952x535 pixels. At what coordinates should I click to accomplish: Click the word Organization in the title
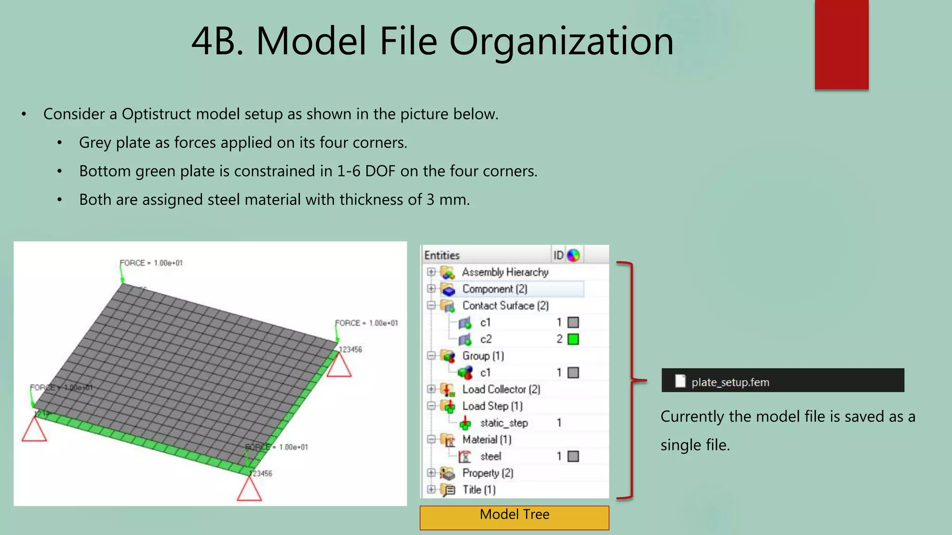(x=561, y=41)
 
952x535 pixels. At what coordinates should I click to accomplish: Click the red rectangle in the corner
(x=841, y=44)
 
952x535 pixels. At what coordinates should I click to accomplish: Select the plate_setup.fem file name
(x=730, y=382)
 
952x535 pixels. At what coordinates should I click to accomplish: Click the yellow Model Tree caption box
(x=514, y=517)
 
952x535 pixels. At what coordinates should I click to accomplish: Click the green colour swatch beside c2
(x=573, y=339)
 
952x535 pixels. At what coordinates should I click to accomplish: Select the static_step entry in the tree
(x=503, y=423)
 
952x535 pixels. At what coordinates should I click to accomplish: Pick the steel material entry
(x=490, y=457)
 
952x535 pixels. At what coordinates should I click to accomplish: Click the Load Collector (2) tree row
(x=501, y=389)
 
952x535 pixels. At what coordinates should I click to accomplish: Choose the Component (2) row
(x=494, y=289)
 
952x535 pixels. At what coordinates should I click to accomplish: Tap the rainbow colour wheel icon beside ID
(x=573, y=255)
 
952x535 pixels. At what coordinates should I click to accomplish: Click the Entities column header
(x=442, y=255)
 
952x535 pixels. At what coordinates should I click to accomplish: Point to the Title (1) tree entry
(x=478, y=489)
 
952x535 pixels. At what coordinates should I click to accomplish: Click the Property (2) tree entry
(x=487, y=473)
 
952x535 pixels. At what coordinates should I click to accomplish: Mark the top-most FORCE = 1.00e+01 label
(x=151, y=263)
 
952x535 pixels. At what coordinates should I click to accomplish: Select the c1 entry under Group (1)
(x=485, y=372)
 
